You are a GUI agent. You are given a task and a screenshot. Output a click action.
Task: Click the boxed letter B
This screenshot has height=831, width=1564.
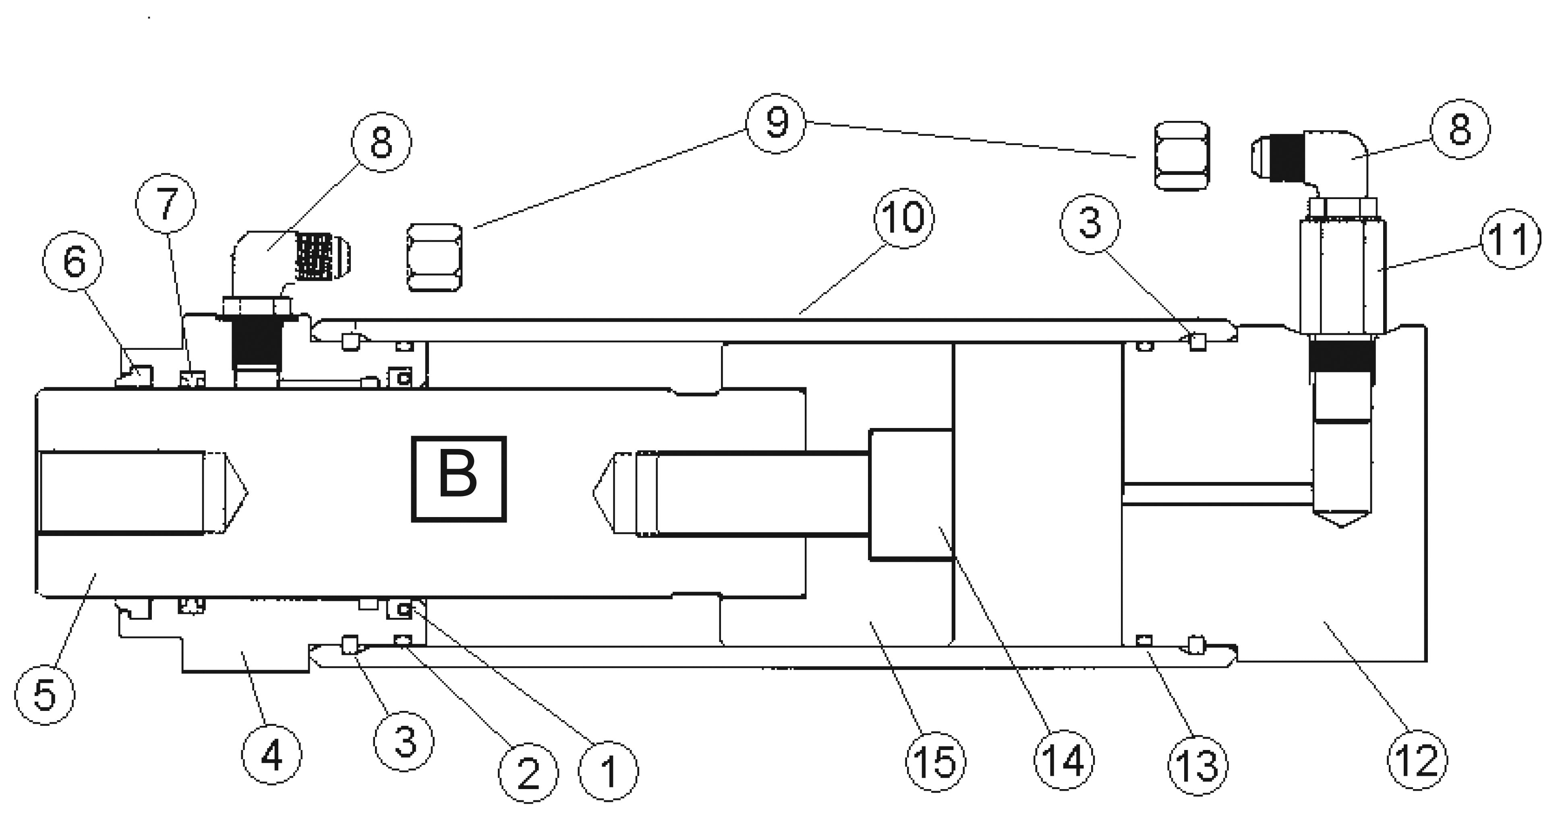pyautogui.click(x=458, y=479)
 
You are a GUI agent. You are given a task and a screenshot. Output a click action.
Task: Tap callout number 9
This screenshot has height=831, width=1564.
pyautogui.click(x=776, y=124)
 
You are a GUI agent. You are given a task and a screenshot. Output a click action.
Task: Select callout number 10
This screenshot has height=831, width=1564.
pyautogui.click(x=904, y=218)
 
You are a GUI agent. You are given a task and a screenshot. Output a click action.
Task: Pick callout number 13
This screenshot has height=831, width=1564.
pyautogui.click(x=1198, y=765)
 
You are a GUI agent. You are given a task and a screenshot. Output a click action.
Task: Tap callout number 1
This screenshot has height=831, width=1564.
pyautogui.click(x=608, y=771)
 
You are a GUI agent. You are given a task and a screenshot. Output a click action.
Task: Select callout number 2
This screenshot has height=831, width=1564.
pyautogui.click(x=528, y=773)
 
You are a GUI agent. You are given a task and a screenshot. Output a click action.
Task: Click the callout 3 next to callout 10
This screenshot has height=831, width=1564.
pyautogui.click(x=1090, y=224)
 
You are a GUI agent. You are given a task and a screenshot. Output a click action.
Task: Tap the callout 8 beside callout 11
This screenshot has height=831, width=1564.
pyautogui.click(x=1460, y=129)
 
